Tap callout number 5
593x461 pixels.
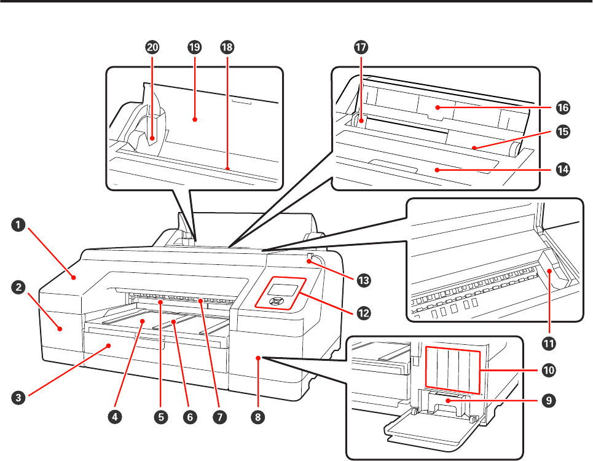(162, 417)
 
